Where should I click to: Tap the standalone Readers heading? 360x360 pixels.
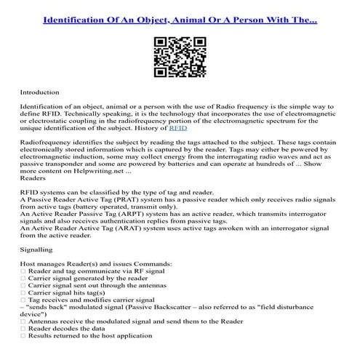pyautogui.click(x=33, y=177)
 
